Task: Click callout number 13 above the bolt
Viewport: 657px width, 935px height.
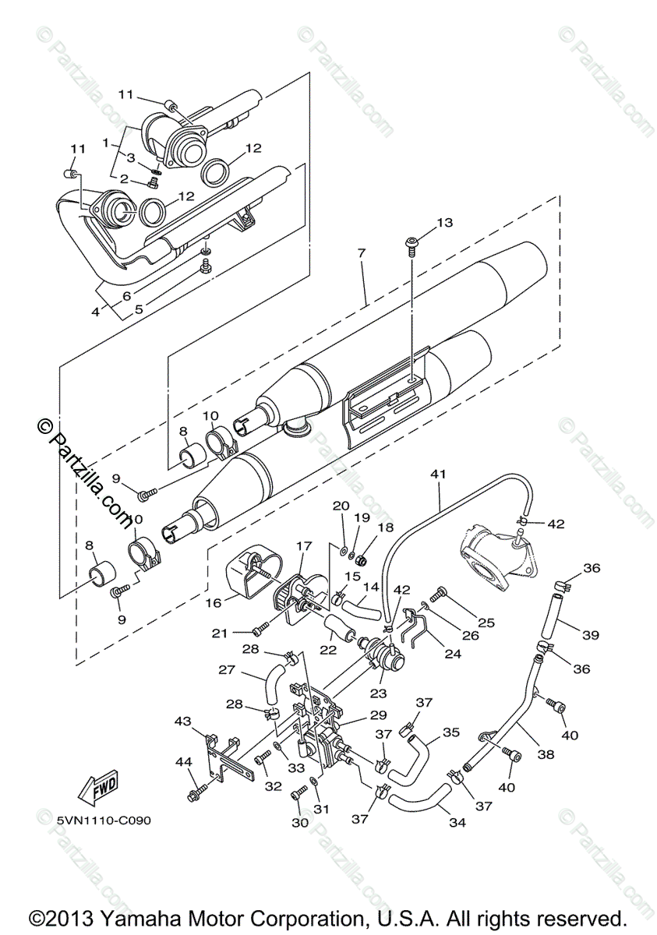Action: pos(445,223)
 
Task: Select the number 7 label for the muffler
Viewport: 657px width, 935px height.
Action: pos(362,252)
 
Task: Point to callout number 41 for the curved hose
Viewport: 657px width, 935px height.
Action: pos(439,475)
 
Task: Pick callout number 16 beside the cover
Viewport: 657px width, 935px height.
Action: pos(214,603)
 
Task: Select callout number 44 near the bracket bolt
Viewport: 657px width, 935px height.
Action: pos(184,763)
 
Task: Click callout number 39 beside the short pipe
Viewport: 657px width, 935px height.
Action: pos(591,635)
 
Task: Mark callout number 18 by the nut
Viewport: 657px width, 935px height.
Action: pos(385,527)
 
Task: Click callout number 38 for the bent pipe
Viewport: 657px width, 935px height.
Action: pos(546,754)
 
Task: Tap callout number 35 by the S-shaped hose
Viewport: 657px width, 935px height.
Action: pos(451,732)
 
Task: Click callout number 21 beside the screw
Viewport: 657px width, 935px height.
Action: pos(220,633)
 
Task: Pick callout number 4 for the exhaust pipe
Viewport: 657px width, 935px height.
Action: pos(96,312)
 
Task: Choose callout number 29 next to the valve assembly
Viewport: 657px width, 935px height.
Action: pos(378,714)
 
